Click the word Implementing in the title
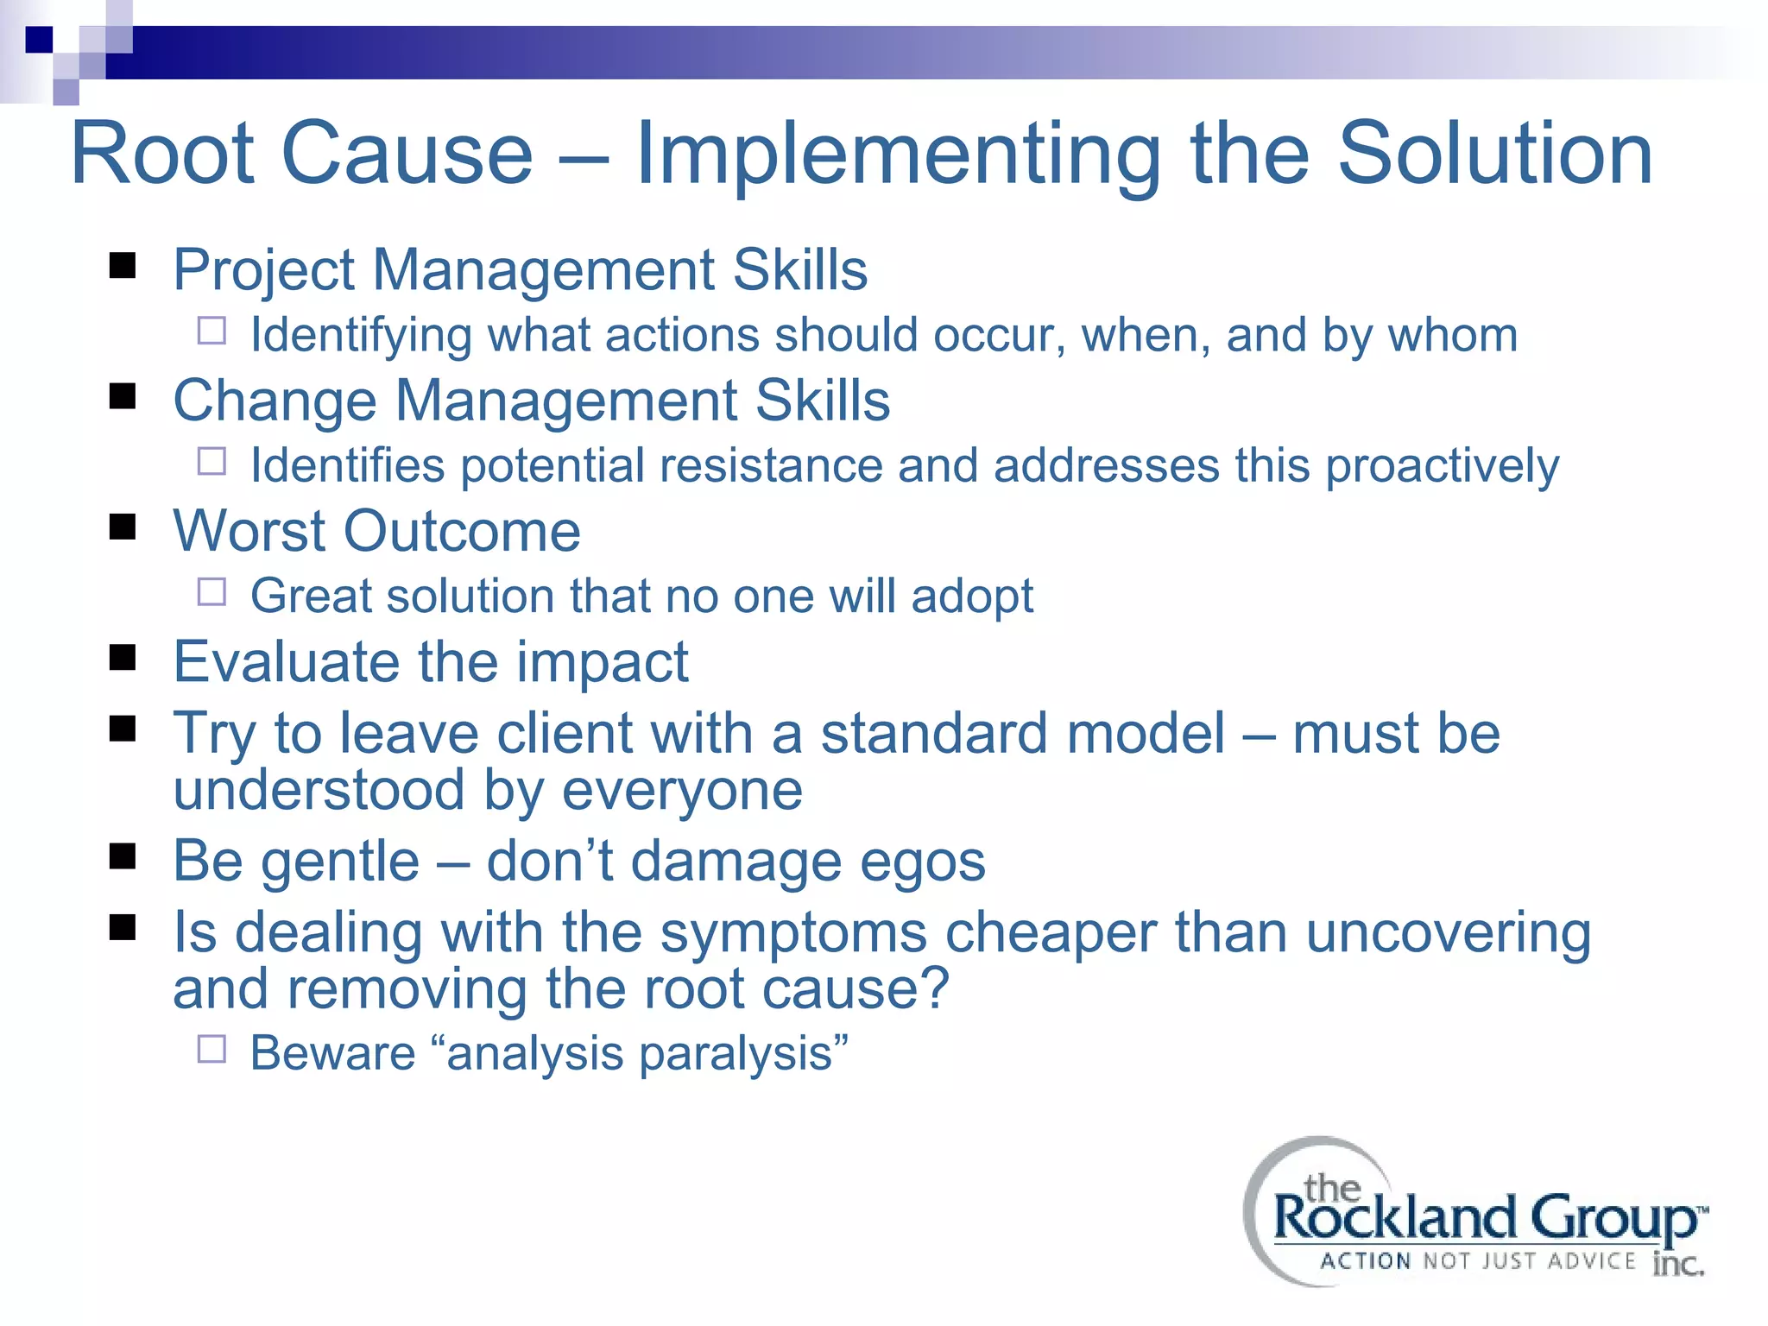point(898,155)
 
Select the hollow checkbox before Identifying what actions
point(212,331)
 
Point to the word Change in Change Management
point(275,401)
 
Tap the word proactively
point(1442,466)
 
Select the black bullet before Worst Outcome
point(123,527)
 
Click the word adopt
point(972,597)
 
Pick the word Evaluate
point(286,662)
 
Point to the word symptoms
point(793,933)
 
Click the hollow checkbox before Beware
point(212,1049)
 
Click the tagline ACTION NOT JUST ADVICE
point(1477,1261)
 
